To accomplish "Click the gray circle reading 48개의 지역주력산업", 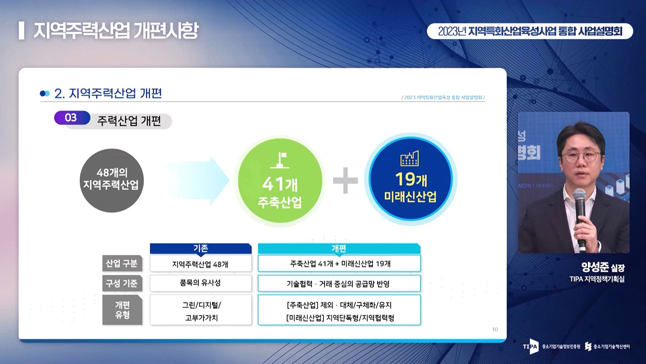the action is click(x=112, y=180).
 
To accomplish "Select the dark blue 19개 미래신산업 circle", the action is click(x=411, y=179).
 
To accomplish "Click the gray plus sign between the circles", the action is click(x=346, y=180).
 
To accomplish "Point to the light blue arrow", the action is click(x=199, y=181).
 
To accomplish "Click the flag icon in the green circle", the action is click(x=280, y=160).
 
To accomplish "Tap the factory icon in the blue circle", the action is click(x=409, y=158).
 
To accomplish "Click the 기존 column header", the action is click(x=201, y=248).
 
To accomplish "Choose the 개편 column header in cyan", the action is click(x=339, y=248).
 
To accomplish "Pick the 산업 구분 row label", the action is click(x=122, y=263).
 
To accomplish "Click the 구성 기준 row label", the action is click(x=122, y=283).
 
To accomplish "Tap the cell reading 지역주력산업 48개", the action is click(x=201, y=264).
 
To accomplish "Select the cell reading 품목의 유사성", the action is click(x=201, y=283).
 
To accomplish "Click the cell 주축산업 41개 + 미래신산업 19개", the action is click(x=340, y=263).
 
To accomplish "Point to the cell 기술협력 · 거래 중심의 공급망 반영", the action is click(x=340, y=284).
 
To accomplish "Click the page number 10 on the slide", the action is click(x=495, y=329).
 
